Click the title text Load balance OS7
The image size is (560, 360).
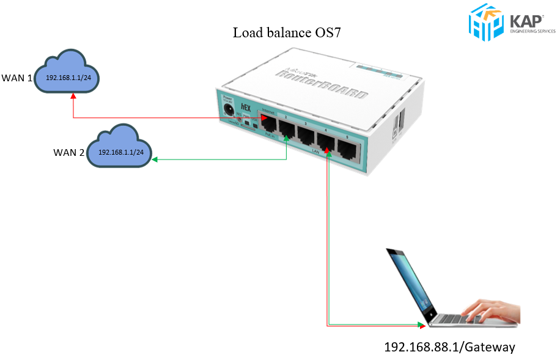pos(286,32)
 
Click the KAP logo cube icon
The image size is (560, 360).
pos(485,21)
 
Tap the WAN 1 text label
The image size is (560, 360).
pos(17,78)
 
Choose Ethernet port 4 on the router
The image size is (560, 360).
pos(326,142)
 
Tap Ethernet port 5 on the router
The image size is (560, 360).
pos(347,149)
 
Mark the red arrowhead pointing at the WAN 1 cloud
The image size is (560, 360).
pos(73,95)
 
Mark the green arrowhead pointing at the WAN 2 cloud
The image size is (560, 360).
pos(155,160)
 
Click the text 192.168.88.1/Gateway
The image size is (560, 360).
pos(449,347)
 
